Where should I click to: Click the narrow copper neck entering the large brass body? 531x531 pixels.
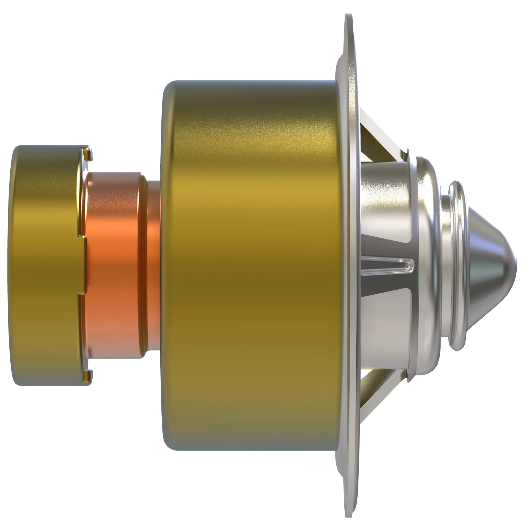point(154,265)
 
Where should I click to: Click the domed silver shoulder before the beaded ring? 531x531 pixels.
point(427,265)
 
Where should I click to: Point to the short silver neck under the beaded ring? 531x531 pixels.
point(445,265)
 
